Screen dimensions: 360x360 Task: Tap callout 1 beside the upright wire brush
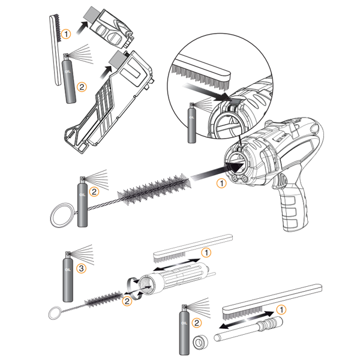pyautogui.click(x=67, y=32)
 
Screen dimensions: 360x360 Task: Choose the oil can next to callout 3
pyautogui.click(x=68, y=279)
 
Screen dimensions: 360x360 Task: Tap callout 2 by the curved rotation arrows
pyautogui.click(x=127, y=301)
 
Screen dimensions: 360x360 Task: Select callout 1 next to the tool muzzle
pyautogui.click(x=221, y=184)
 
